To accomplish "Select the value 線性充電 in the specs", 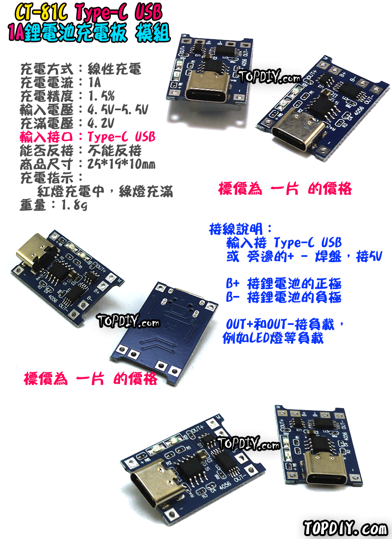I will coord(114,69).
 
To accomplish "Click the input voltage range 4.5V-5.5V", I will coord(117,108).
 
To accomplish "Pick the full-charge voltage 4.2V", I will coord(100,122).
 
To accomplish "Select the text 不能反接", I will coord(114,149).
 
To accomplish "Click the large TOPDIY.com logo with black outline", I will coord(345,529).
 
